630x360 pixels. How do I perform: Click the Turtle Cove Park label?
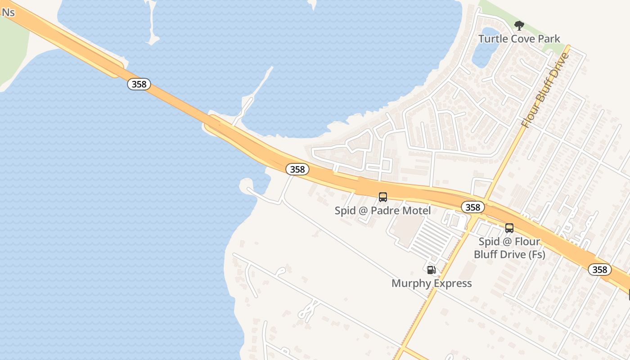tap(519, 39)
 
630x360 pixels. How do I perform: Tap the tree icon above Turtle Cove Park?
tap(519, 25)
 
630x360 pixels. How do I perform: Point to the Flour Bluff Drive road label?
tap(545, 90)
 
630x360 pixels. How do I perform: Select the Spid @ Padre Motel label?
tap(382, 211)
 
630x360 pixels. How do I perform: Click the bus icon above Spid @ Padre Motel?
tap(383, 197)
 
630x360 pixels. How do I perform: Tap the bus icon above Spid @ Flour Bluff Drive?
tap(509, 228)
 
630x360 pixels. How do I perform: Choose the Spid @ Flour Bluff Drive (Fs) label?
tap(509, 248)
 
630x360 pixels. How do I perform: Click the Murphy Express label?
tap(432, 283)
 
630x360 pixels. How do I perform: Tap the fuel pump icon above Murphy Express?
tap(431, 270)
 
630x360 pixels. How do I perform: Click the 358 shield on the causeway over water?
tap(139, 84)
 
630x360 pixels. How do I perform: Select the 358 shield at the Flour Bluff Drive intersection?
tap(473, 207)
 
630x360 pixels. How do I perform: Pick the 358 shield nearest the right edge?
tap(600, 270)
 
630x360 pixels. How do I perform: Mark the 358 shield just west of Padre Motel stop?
tap(297, 169)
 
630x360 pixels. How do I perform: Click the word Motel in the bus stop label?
tap(416, 211)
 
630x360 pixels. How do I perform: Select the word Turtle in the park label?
tap(492, 39)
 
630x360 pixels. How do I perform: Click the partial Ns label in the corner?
tap(8, 12)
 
